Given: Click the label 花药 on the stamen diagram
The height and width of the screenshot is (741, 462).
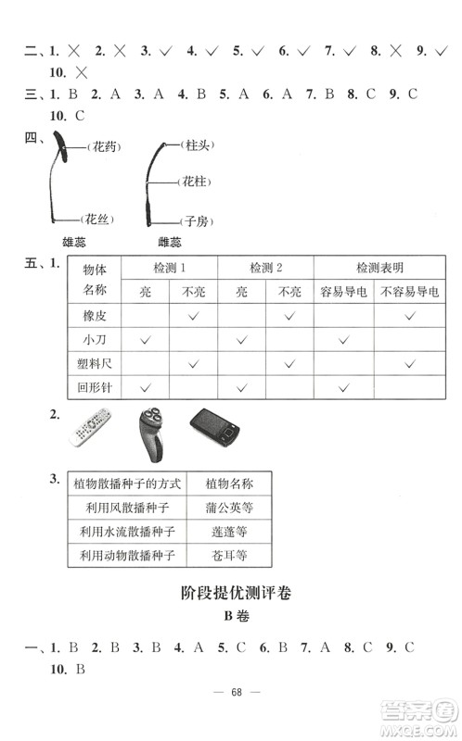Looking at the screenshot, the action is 102,147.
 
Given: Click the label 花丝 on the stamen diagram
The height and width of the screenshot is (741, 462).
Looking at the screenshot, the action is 97,220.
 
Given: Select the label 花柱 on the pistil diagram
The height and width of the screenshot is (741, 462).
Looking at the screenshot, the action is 194,182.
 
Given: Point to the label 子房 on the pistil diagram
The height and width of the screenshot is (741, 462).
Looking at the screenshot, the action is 194,221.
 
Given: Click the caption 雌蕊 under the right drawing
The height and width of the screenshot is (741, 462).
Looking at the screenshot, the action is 171,243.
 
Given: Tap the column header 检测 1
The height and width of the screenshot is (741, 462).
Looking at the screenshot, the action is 169,268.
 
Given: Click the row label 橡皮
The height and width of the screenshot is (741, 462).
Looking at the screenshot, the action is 96,317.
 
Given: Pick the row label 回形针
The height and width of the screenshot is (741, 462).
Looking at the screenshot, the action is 96,388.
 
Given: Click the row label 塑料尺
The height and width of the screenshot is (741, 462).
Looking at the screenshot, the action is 96,364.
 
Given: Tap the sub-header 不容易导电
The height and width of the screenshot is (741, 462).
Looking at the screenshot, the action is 409,292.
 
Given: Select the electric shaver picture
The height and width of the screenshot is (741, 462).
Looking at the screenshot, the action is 152,433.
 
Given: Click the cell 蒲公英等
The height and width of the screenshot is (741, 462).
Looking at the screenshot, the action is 231,509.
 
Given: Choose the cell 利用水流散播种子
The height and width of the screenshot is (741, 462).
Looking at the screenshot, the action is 128,533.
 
